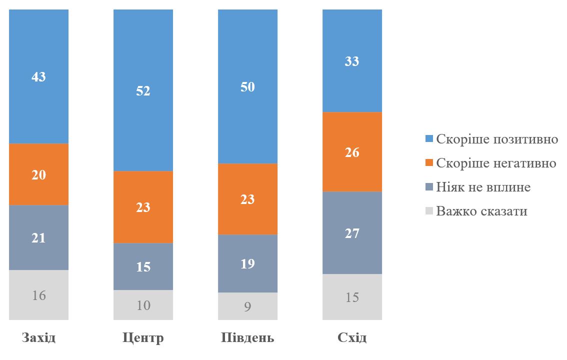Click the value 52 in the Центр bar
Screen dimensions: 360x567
coord(143,91)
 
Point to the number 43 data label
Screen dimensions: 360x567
coord(38,77)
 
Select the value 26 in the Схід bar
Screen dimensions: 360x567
coord(352,152)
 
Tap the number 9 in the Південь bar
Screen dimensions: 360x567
coord(247,306)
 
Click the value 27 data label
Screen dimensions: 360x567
coord(352,233)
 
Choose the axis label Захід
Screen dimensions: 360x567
coord(38,338)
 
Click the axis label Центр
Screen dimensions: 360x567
coord(143,338)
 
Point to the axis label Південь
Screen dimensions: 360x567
coord(247,338)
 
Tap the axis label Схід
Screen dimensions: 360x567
coord(352,338)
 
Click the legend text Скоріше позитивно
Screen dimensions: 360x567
coord(497,139)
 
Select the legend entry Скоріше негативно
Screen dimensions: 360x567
coord(496,163)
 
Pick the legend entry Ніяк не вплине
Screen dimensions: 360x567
coord(483,187)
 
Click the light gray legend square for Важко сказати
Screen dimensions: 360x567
coord(428,211)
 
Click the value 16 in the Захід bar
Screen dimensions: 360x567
coord(38,295)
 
